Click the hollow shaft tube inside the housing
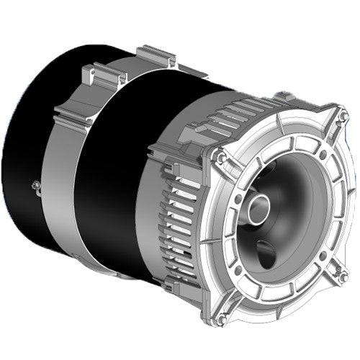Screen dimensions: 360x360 pos(258,208)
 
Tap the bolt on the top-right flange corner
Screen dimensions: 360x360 pos(343,116)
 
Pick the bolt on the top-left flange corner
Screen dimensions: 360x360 pos(220,157)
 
